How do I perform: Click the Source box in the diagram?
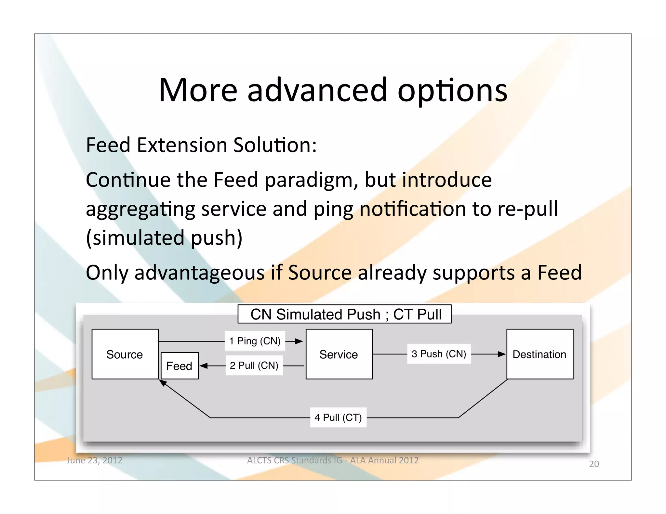pyautogui.click(x=125, y=354)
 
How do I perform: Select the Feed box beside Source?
pyautogui.click(x=180, y=366)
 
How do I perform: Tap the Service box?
pyautogui.click(x=339, y=354)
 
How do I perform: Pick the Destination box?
pyautogui.click(x=539, y=354)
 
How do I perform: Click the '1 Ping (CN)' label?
pyautogui.click(x=255, y=341)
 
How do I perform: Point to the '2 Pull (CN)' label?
pyautogui.click(x=254, y=366)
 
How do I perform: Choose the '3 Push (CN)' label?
pyautogui.click(x=439, y=354)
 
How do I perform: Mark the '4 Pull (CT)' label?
pyautogui.click(x=338, y=418)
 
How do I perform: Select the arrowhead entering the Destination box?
pyautogui.click(x=501, y=354)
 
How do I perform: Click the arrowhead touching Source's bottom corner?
pyautogui.click(x=163, y=383)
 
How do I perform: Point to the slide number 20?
pyautogui.click(x=594, y=464)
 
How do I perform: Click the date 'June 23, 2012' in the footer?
pyautogui.click(x=94, y=460)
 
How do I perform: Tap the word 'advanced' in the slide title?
pyautogui.click(x=317, y=90)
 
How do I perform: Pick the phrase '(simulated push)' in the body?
pyautogui.click(x=164, y=238)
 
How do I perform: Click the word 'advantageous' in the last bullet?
pyautogui.click(x=200, y=273)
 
